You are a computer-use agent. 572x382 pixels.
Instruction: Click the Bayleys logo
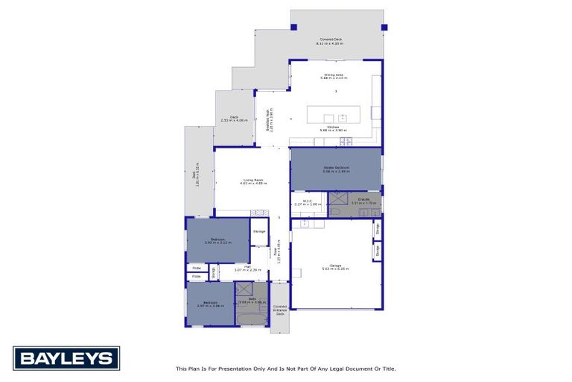(x=66, y=359)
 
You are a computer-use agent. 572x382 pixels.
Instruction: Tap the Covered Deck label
(x=331, y=40)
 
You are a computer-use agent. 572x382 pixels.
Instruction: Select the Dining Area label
(x=333, y=75)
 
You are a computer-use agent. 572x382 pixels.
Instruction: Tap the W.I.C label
(x=307, y=202)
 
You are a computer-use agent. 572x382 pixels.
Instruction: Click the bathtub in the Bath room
(x=250, y=320)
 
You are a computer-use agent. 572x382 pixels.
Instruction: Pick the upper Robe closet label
(x=197, y=267)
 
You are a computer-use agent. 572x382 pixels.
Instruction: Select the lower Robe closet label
(x=197, y=276)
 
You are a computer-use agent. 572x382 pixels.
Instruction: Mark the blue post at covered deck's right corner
(x=384, y=28)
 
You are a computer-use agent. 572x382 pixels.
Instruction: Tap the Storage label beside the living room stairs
(x=259, y=231)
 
